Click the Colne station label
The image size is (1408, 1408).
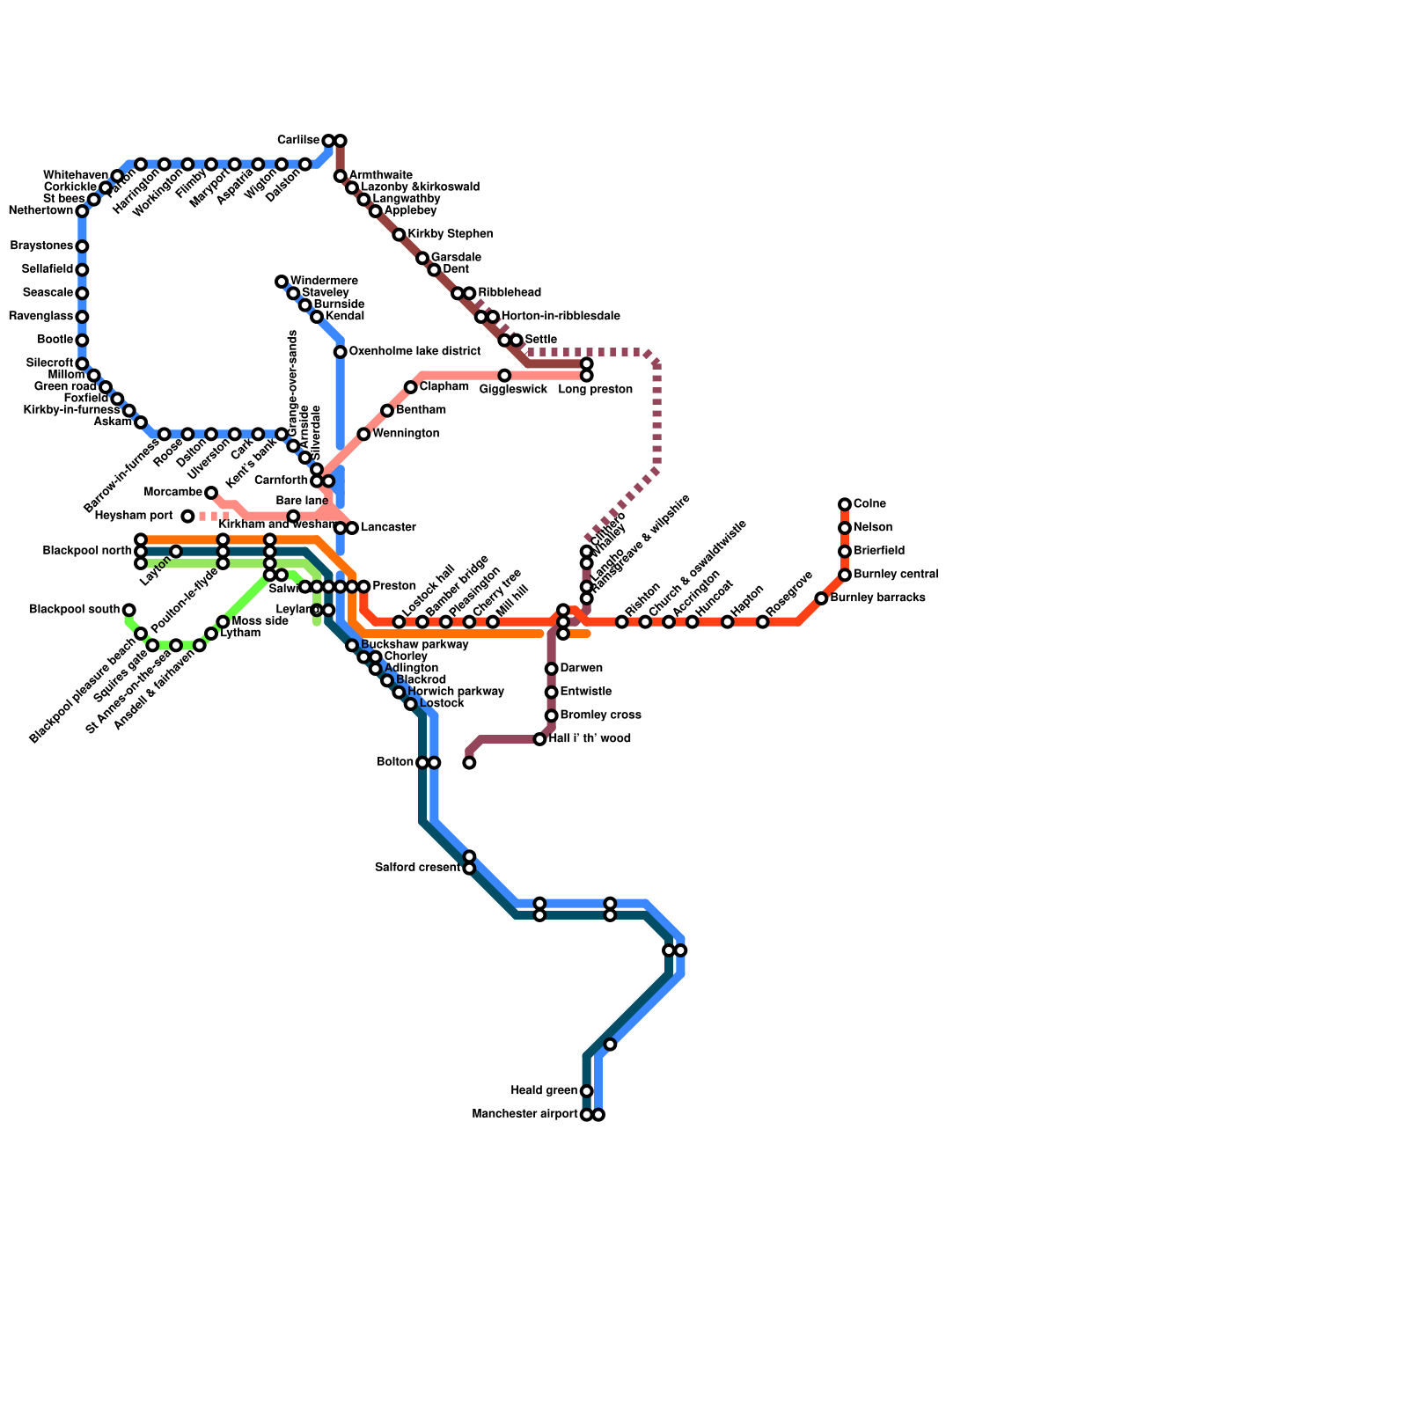point(869,504)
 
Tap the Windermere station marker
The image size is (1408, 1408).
point(282,282)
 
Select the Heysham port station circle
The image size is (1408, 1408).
point(187,516)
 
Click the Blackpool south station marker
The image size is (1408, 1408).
point(129,610)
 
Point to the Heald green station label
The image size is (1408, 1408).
point(544,1091)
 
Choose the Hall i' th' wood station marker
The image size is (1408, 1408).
point(539,739)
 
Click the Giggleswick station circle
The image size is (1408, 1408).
point(504,376)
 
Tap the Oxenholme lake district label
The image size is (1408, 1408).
point(414,352)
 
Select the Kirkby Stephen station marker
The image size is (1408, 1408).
point(399,235)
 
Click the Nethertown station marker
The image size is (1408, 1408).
point(82,211)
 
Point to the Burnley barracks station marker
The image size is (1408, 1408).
point(821,598)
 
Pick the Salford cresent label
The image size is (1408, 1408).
point(417,868)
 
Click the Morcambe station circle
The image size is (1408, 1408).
point(211,493)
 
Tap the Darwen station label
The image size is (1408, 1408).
point(581,669)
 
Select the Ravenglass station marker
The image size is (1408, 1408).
point(82,317)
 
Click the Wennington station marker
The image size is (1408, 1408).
point(363,434)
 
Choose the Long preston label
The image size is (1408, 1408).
point(595,390)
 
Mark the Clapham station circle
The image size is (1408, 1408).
point(411,387)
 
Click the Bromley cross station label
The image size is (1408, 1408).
point(600,715)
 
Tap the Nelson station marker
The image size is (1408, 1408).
point(845,528)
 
